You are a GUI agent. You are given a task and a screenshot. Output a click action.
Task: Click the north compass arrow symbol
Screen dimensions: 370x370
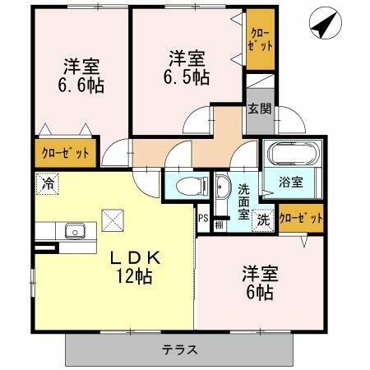coord(323,24)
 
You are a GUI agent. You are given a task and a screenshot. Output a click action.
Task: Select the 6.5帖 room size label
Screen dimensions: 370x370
coord(189,77)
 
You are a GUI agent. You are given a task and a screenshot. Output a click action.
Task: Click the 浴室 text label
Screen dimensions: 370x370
coord(289,183)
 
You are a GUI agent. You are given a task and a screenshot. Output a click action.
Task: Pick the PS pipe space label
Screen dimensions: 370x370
coord(202,218)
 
